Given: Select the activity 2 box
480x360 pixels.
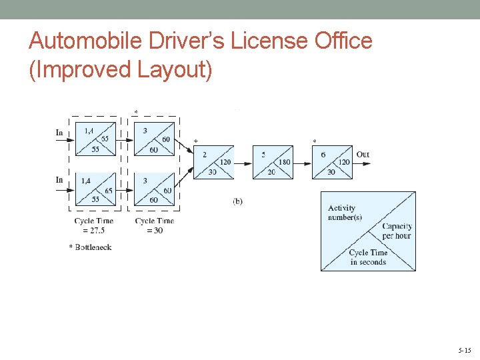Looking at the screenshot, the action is pos(214,162).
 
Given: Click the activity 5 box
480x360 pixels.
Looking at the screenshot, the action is pos(273,162).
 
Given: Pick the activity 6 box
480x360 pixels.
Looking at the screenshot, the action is pos(332,162).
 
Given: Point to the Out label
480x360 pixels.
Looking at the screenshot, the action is pos(363,155).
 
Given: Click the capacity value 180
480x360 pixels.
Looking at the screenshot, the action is pos(285,162).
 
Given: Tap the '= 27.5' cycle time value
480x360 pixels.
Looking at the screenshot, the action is pos(93,231).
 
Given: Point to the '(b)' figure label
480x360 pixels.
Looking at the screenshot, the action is pos(237,201).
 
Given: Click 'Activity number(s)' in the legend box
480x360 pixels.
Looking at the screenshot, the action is pos(345,213).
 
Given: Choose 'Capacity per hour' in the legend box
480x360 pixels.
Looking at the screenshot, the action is pos(397,231).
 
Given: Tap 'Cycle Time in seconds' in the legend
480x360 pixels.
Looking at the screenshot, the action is pos(368,257).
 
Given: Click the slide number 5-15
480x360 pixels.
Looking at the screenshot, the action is pos(464,350).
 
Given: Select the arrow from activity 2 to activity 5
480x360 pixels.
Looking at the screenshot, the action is pos(243,163).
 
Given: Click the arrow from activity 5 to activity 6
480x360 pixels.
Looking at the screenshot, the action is pos(302,163).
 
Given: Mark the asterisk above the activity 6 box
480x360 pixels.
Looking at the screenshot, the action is pos(315,141).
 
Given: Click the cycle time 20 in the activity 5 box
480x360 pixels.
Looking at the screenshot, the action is pos(271,171).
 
